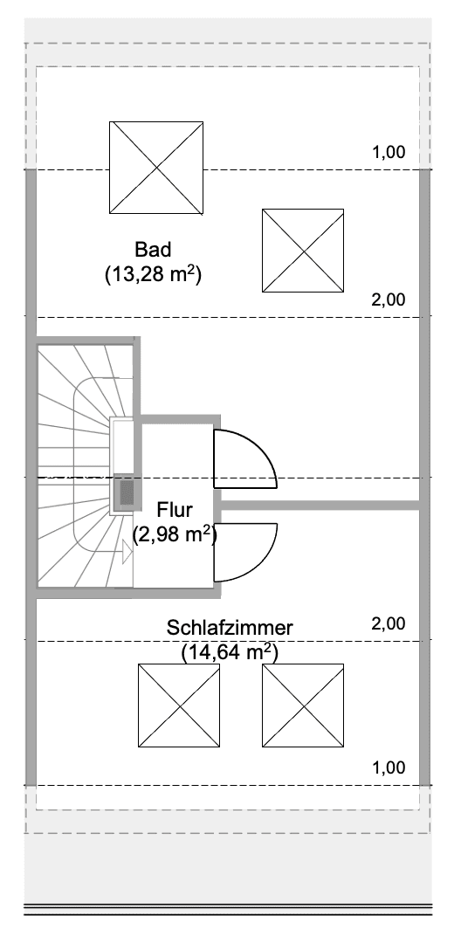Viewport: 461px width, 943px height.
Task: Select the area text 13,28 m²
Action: [x=153, y=275]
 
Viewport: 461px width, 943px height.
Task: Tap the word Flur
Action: [x=175, y=509]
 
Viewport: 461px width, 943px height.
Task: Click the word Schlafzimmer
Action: [x=230, y=627]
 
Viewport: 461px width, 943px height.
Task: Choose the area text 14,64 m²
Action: [x=230, y=651]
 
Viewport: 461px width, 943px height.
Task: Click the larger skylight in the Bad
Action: [x=156, y=167]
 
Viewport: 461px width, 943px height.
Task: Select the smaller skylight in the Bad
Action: [x=302, y=250]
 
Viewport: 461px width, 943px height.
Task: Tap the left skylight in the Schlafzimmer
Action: [x=179, y=705]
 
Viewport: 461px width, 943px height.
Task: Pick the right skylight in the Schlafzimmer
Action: [x=302, y=705]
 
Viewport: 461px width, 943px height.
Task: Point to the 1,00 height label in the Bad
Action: [x=389, y=152]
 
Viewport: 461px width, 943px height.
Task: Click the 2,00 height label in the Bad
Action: [x=389, y=299]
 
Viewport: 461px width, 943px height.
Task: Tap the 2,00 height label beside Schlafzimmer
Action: [x=389, y=623]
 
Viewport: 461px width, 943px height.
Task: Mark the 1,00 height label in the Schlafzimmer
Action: [x=389, y=768]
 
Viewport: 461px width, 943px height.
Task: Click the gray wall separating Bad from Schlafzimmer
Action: [x=319, y=505]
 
